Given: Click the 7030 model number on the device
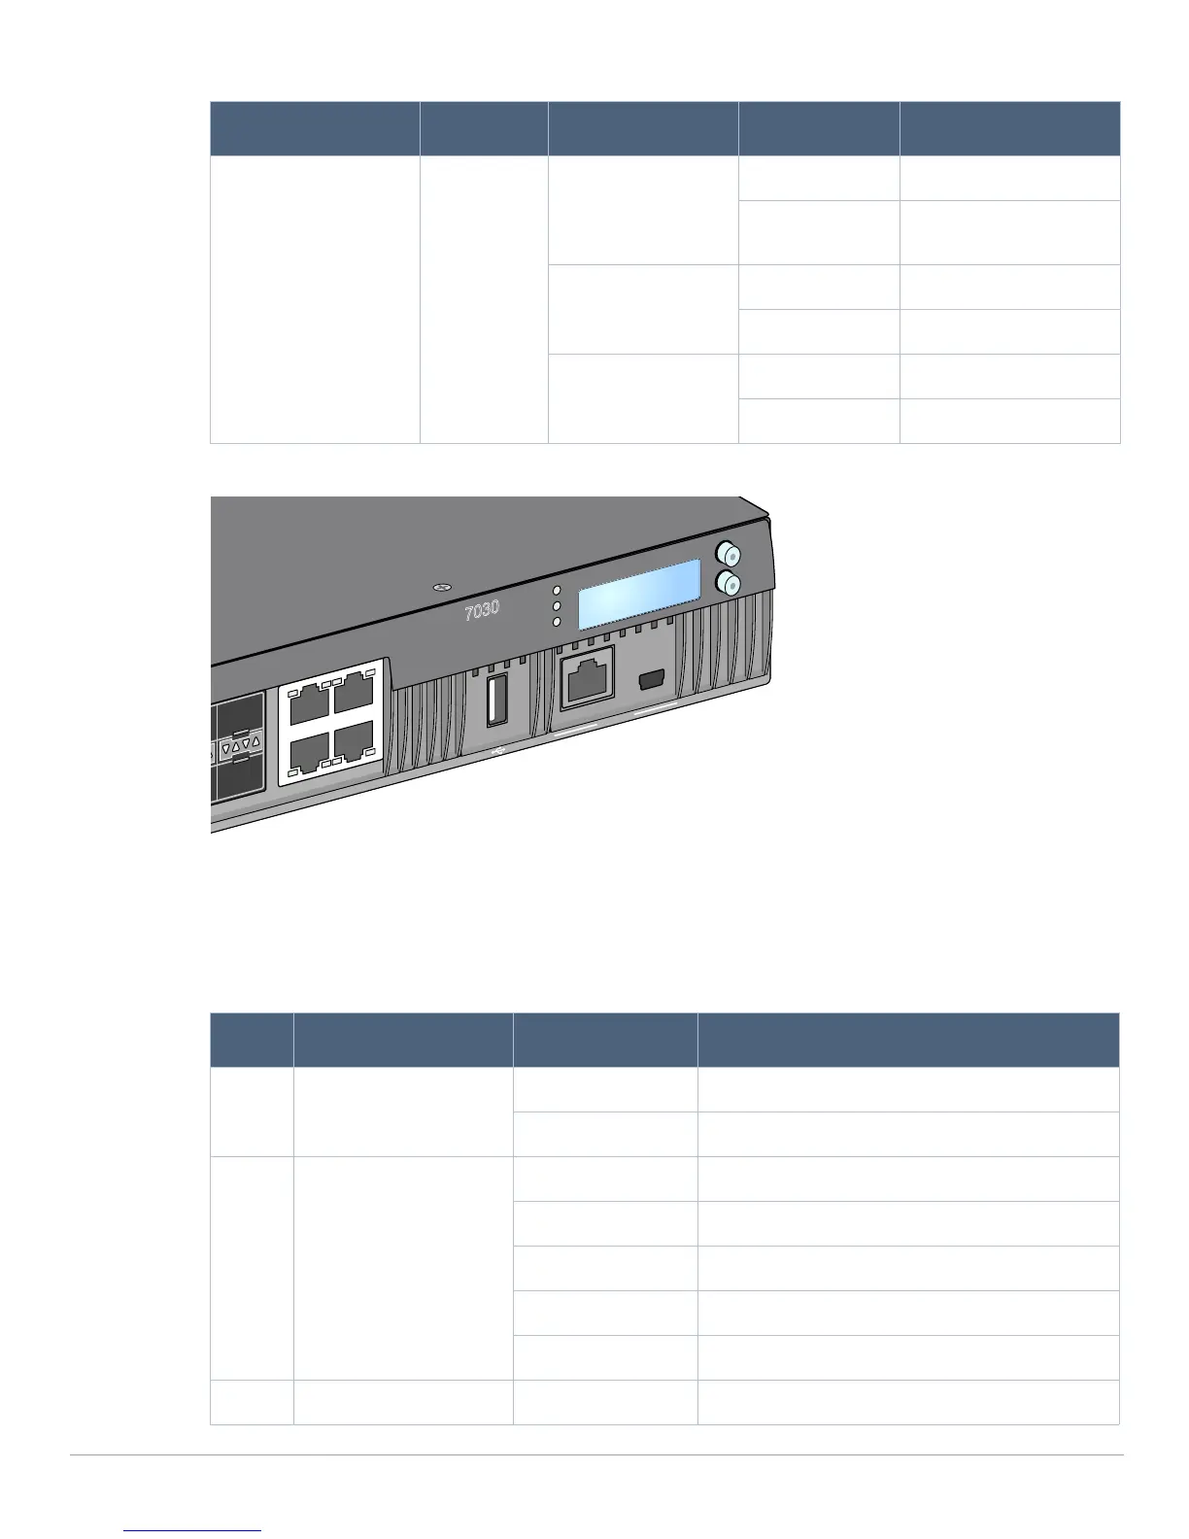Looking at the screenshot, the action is pyautogui.click(x=482, y=610).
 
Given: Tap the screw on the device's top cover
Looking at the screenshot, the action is pyautogui.click(x=442, y=588).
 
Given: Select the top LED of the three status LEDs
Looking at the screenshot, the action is pyautogui.click(x=557, y=591).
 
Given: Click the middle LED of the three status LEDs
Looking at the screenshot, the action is pyautogui.click(x=557, y=606).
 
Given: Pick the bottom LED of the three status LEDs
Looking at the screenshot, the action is pyautogui.click(x=557, y=622).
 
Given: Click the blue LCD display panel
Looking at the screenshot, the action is pyautogui.click(x=640, y=594).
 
